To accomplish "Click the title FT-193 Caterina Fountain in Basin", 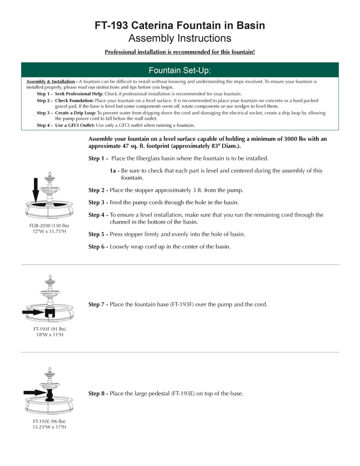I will click(x=180, y=26).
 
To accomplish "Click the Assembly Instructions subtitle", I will click(x=180, y=38).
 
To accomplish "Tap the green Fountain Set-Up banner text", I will click(x=180, y=70).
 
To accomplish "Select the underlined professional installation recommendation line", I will click(x=180, y=52).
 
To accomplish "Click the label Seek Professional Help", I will click(x=79, y=94).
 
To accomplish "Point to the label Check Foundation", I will click(x=74, y=100).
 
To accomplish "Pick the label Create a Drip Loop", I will click(x=76, y=113).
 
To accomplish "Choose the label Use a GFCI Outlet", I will click(x=75, y=125).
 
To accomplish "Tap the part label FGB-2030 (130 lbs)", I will click(x=49, y=225).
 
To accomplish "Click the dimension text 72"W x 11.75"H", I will click(x=49, y=231).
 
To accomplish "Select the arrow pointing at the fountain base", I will click(x=45, y=312).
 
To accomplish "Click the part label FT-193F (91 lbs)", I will click(x=49, y=329).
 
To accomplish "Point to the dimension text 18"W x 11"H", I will click(x=49, y=335).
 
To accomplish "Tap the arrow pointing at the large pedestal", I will click(x=35, y=393).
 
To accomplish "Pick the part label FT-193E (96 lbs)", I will click(x=49, y=421).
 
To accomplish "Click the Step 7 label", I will click(x=98, y=305).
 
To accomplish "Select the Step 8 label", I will click(x=98, y=394).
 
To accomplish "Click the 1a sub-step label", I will click(x=114, y=171).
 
